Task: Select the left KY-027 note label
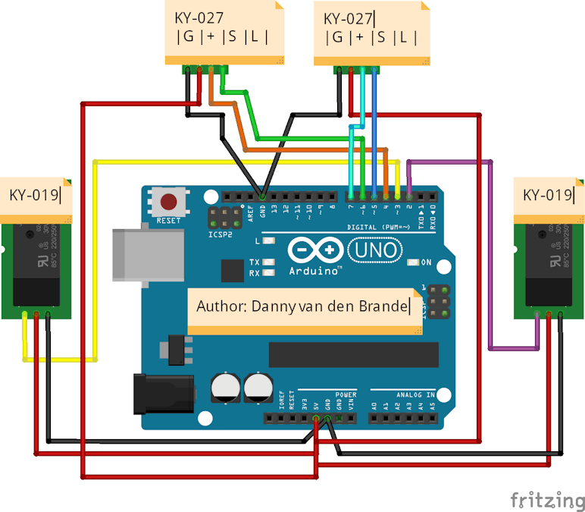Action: click(x=225, y=32)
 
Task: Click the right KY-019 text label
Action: click(x=548, y=195)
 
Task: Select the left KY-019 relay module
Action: click(x=36, y=269)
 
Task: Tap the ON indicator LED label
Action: click(x=426, y=262)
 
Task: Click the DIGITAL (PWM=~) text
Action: click(x=380, y=227)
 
